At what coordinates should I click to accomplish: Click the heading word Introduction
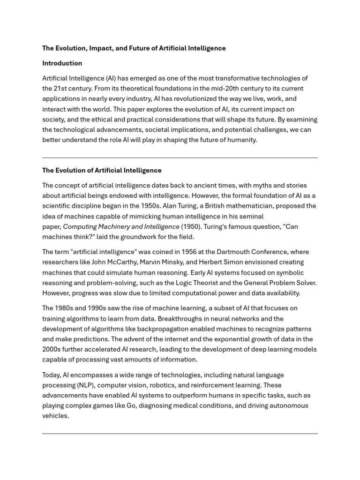pyautogui.click(x=62, y=63)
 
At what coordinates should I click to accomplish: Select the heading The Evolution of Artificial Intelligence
pyautogui.click(x=102, y=171)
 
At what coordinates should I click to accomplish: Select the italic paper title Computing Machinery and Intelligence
pyautogui.click(x=121, y=227)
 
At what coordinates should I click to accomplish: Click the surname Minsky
pyautogui.click(x=183, y=262)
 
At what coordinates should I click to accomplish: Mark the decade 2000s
pyautogui.click(x=52, y=350)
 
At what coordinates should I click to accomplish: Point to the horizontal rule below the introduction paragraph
pyautogui.click(x=180, y=158)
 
